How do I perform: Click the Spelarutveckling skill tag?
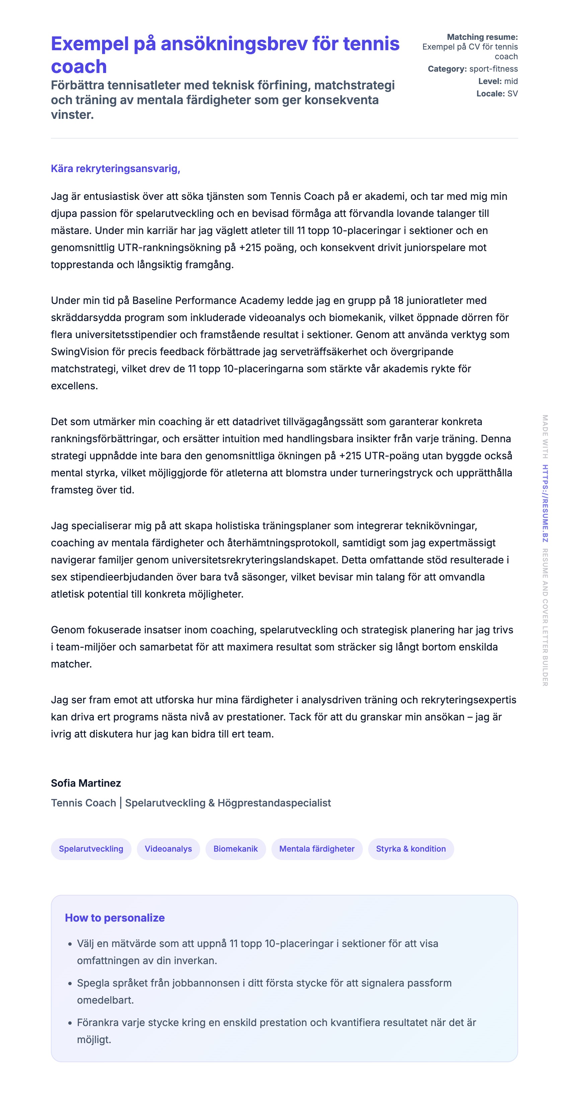(x=91, y=849)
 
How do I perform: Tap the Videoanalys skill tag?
(x=168, y=849)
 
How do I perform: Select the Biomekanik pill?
(x=235, y=849)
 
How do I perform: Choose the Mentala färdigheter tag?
(x=317, y=849)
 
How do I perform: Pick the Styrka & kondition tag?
(x=411, y=849)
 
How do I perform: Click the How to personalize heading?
(x=115, y=918)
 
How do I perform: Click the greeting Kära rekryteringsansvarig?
(x=115, y=169)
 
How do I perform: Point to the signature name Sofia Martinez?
(x=86, y=783)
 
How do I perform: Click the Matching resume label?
(x=482, y=37)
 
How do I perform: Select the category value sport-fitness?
(x=493, y=69)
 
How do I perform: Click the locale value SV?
(x=512, y=93)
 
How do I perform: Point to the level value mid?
(x=511, y=81)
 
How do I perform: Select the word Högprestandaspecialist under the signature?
(x=274, y=803)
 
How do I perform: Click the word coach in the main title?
(x=79, y=67)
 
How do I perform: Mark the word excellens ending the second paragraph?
(x=74, y=386)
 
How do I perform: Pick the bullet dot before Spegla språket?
(x=70, y=983)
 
